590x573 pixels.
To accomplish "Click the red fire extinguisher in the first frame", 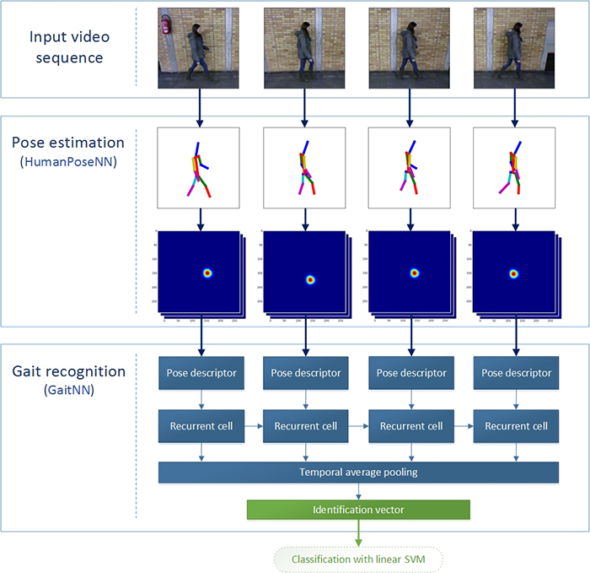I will [x=166, y=24].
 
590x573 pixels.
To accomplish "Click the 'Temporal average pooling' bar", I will [x=358, y=472].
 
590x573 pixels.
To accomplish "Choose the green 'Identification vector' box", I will [x=357, y=510].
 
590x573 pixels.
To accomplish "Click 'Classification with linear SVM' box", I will [x=357, y=559].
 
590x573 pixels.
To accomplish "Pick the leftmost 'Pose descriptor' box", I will [x=200, y=373].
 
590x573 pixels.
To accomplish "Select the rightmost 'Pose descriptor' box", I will [x=516, y=373].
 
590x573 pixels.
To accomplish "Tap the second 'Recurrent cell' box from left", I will [x=305, y=426].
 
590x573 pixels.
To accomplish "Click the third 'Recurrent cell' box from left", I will [x=410, y=426].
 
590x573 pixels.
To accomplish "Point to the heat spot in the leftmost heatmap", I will [x=207, y=273].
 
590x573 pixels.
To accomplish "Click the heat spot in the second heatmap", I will [x=310, y=279].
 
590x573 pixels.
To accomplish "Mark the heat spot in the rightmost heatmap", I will [x=513, y=273].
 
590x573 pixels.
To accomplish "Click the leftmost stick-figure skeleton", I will [x=200, y=170].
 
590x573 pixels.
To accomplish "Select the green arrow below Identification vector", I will [x=357, y=534].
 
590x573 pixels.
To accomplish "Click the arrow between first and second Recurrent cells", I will [x=253, y=426].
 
